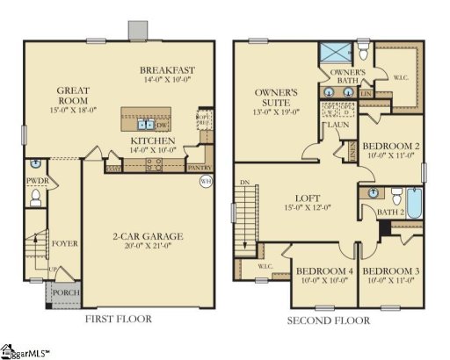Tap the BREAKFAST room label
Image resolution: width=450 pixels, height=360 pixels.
point(166,70)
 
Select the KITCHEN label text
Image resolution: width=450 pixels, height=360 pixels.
point(153,140)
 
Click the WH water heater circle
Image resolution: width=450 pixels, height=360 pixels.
point(207,183)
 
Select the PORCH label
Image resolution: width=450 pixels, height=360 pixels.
point(64,292)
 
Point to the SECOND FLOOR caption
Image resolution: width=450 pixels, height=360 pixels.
point(328,320)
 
